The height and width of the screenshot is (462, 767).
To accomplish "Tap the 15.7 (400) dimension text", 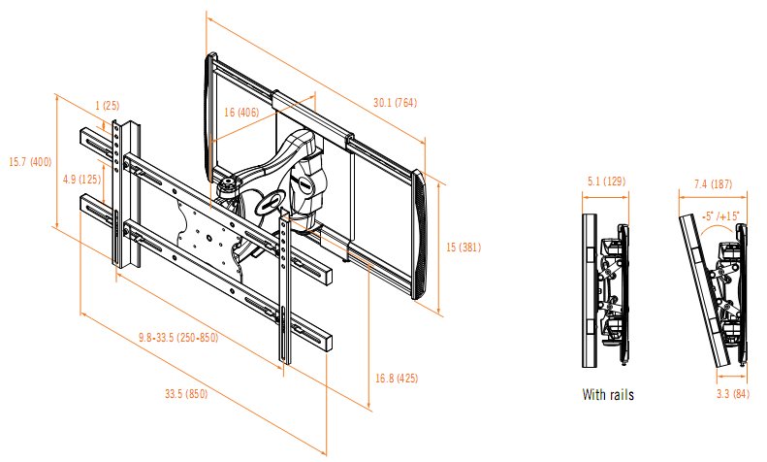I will click(29, 162).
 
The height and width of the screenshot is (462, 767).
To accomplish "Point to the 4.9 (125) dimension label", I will click(81, 179).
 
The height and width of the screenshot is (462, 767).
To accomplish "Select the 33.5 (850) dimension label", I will click(183, 395).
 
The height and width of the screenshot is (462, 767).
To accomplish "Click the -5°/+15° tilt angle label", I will click(719, 214).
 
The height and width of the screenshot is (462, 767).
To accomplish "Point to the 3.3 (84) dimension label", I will click(727, 394).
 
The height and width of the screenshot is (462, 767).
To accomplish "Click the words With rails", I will click(607, 395).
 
